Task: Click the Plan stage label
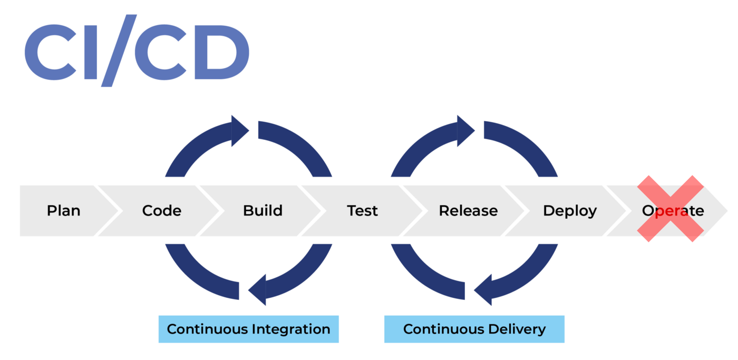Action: [63, 211]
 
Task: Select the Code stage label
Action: [161, 211]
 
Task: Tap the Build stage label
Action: [263, 211]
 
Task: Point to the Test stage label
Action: [363, 211]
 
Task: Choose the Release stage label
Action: [468, 211]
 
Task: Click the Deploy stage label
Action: [570, 211]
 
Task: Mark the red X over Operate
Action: [671, 209]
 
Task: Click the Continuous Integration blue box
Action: [248, 329]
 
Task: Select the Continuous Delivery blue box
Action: [474, 329]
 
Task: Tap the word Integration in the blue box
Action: [291, 329]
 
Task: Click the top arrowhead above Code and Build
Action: [239, 131]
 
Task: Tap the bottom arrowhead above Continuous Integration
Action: [257, 289]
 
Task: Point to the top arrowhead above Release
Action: [465, 131]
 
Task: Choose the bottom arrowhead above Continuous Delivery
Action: [483, 289]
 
